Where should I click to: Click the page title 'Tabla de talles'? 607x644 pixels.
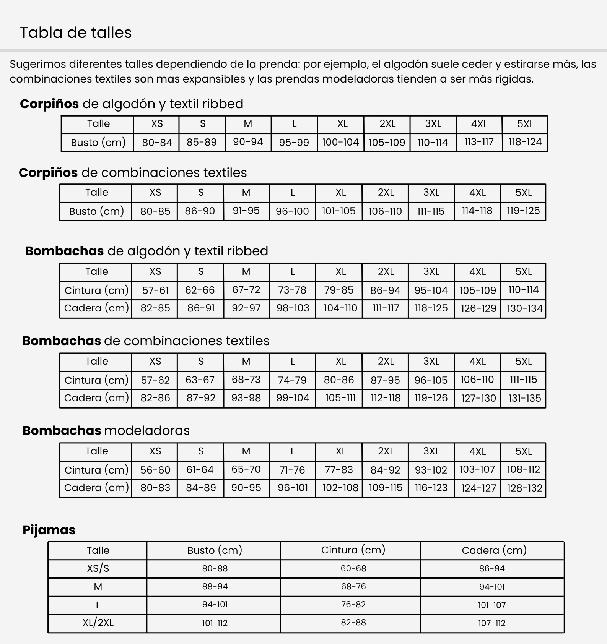coord(76,33)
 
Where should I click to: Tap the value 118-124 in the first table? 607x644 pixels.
coord(525,142)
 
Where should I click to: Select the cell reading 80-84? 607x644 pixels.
coord(157,143)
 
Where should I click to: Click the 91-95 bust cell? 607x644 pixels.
coord(246,211)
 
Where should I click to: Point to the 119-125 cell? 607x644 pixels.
coord(523,211)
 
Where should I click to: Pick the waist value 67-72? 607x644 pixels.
coord(246,290)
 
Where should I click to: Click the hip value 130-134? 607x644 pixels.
coord(524,308)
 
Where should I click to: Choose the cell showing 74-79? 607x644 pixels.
coord(292,380)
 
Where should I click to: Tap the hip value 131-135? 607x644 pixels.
coord(524,398)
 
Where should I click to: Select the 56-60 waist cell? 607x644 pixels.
coord(155,470)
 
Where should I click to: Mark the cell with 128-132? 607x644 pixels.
coord(524,488)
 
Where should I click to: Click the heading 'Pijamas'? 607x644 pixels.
coord(49,530)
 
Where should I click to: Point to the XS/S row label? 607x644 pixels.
coord(98,568)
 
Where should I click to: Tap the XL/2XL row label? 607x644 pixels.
coord(98,623)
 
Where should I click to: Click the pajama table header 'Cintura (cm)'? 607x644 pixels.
coord(353,550)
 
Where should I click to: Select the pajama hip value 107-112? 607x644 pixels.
coord(492,623)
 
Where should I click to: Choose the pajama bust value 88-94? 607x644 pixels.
coord(215,587)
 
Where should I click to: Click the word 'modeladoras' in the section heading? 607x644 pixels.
coord(147,431)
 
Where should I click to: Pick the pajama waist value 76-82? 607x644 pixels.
coord(353,605)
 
